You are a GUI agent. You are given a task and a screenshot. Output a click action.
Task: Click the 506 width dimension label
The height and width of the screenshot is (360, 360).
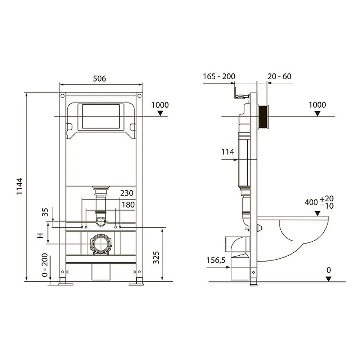click(x=100, y=79)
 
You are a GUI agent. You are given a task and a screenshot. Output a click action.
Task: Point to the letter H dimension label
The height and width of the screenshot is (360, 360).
click(x=41, y=236)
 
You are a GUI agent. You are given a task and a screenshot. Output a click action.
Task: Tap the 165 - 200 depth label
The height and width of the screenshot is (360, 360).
click(x=219, y=76)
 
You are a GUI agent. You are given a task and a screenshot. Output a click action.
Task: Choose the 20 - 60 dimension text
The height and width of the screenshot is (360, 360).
click(x=279, y=76)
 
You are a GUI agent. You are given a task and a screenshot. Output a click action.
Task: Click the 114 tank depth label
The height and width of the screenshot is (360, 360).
click(x=228, y=152)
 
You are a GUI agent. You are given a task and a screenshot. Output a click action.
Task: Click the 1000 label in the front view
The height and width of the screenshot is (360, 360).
click(x=160, y=105)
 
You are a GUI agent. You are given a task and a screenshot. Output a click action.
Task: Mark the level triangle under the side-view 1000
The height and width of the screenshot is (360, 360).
click(x=317, y=114)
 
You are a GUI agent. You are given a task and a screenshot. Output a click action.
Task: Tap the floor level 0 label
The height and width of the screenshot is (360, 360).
click(x=329, y=270)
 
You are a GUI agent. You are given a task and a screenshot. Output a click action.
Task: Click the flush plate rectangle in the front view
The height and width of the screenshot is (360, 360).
click(x=100, y=116)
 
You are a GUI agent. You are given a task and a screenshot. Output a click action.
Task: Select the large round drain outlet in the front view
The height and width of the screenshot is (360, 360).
click(x=100, y=244)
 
